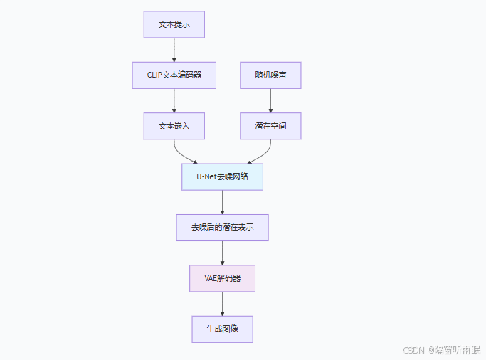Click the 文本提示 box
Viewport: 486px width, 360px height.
click(x=174, y=24)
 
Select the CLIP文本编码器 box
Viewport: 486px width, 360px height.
click(x=174, y=75)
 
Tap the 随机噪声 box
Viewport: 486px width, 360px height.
click(x=270, y=75)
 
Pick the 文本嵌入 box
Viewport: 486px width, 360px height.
click(x=174, y=125)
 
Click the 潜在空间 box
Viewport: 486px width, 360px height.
click(x=270, y=125)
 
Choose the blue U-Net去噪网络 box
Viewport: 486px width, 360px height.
click(x=222, y=176)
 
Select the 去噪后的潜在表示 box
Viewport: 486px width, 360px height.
click(x=222, y=228)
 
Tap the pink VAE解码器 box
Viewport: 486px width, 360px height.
click(x=222, y=278)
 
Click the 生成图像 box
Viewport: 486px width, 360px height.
click(x=222, y=329)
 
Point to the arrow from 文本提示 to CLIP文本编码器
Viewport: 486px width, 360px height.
click(x=174, y=50)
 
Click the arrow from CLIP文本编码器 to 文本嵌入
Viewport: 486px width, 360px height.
click(x=174, y=100)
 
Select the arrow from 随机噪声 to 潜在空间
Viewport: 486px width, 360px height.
click(x=270, y=100)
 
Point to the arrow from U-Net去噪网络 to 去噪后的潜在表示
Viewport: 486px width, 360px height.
click(x=222, y=202)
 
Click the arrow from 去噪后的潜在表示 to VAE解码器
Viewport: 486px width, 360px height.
click(x=222, y=253)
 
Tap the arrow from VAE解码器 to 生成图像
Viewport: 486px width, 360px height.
click(x=222, y=304)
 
